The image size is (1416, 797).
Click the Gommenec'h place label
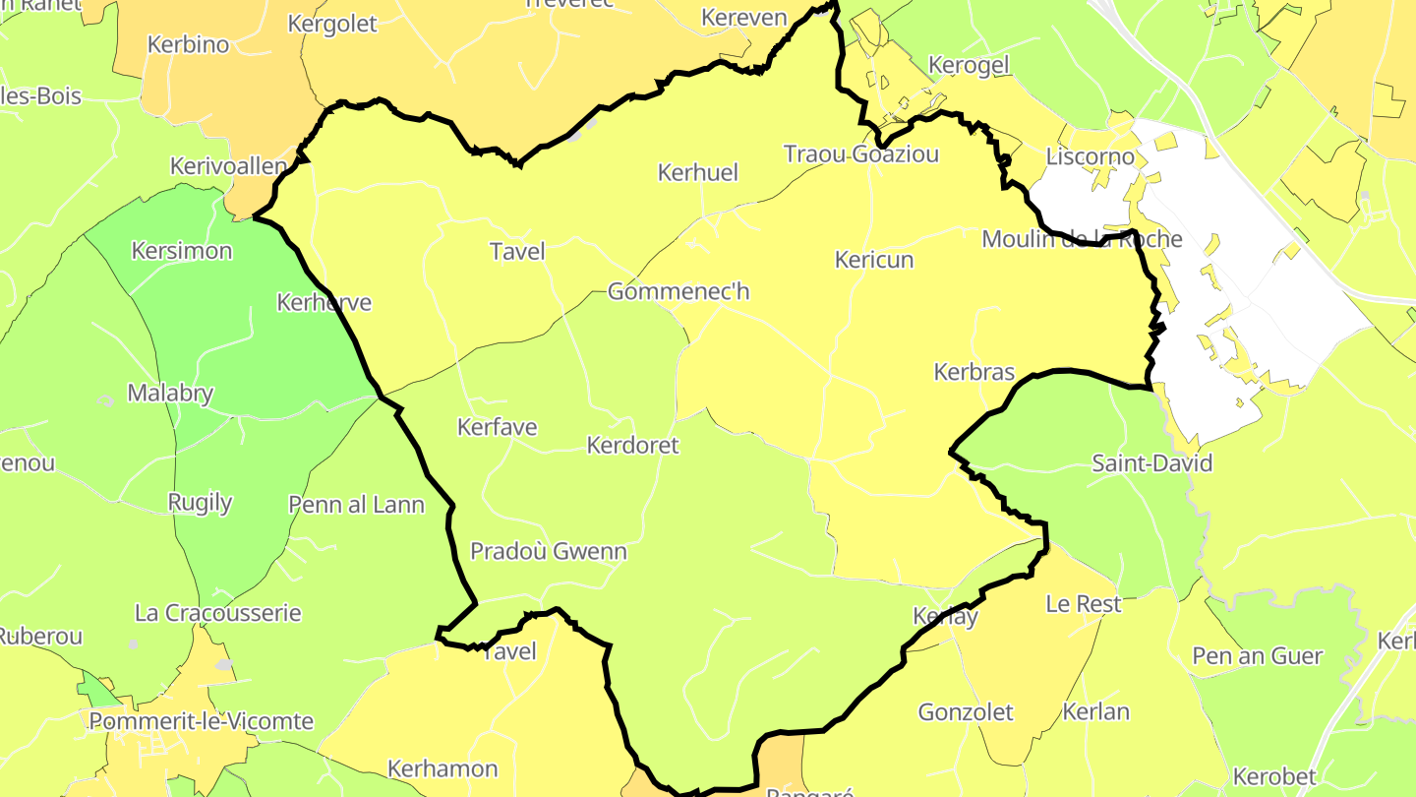[x=678, y=291]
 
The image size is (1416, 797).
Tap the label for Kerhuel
[x=697, y=173]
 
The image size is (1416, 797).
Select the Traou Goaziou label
[x=861, y=154]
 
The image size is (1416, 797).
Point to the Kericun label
[x=874, y=260]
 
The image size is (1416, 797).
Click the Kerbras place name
[x=973, y=372]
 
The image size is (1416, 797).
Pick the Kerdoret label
[x=632, y=446]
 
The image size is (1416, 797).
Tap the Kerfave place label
[x=498, y=427]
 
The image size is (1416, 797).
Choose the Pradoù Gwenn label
[x=549, y=551]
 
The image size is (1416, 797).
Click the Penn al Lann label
[x=357, y=505]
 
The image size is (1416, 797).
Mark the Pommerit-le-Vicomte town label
[x=202, y=721]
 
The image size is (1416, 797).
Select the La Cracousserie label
[x=218, y=613]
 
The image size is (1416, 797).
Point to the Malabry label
[x=170, y=394]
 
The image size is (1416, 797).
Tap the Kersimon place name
[x=182, y=251]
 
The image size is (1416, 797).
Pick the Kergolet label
[x=332, y=24]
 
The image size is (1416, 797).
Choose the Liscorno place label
[x=1091, y=156]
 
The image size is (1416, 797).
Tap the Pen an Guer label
[x=1258, y=655]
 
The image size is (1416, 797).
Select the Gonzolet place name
[x=966, y=711]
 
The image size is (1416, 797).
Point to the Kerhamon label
[x=442, y=768]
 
